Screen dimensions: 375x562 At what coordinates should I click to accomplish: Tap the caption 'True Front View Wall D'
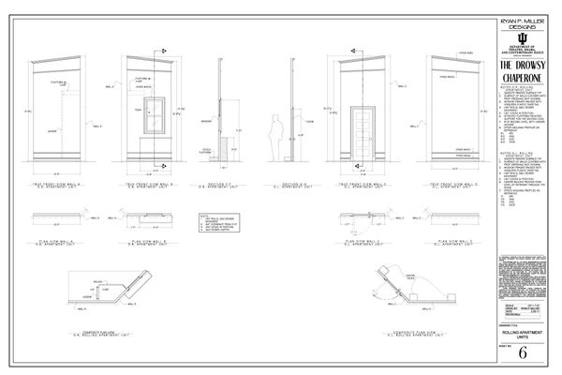tap(452, 187)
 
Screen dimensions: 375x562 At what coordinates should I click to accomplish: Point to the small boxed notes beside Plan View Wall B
tap(214, 230)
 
